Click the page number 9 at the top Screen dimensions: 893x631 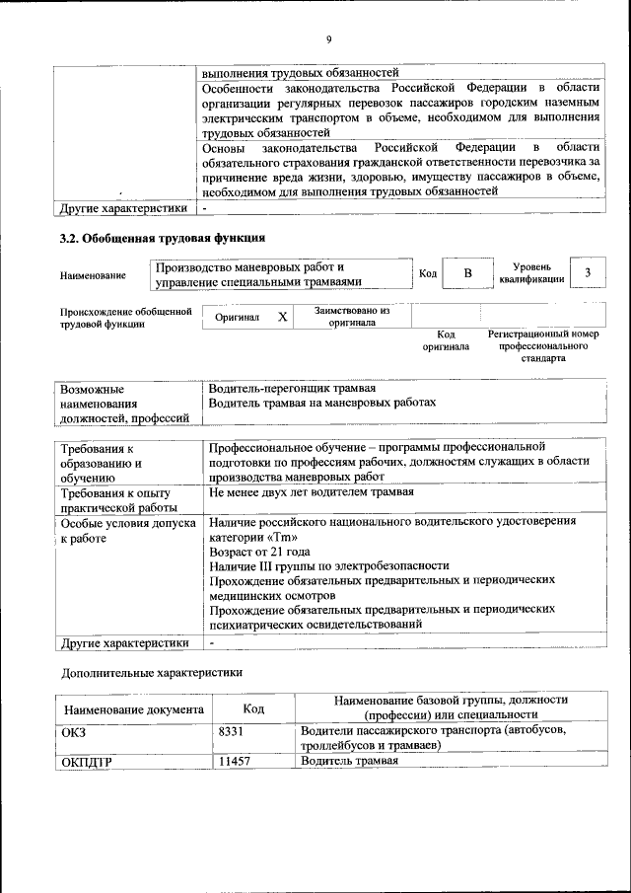[329, 38]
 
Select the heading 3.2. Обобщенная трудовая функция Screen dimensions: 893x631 [164, 238]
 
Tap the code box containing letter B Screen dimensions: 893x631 [468, 273]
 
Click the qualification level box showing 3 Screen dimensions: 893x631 [588, 273]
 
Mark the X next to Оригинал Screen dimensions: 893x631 [283, 317]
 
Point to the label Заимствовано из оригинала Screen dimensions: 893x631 [352, 316]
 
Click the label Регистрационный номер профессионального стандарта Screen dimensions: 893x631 [543, 346]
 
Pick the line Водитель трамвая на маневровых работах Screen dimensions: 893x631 [322, 403]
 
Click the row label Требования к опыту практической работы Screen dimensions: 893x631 [116, 499]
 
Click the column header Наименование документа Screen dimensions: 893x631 [134, 708]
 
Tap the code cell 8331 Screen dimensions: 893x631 [232, 731]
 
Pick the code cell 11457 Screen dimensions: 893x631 [235, 762]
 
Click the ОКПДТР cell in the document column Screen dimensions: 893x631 [87, 763]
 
